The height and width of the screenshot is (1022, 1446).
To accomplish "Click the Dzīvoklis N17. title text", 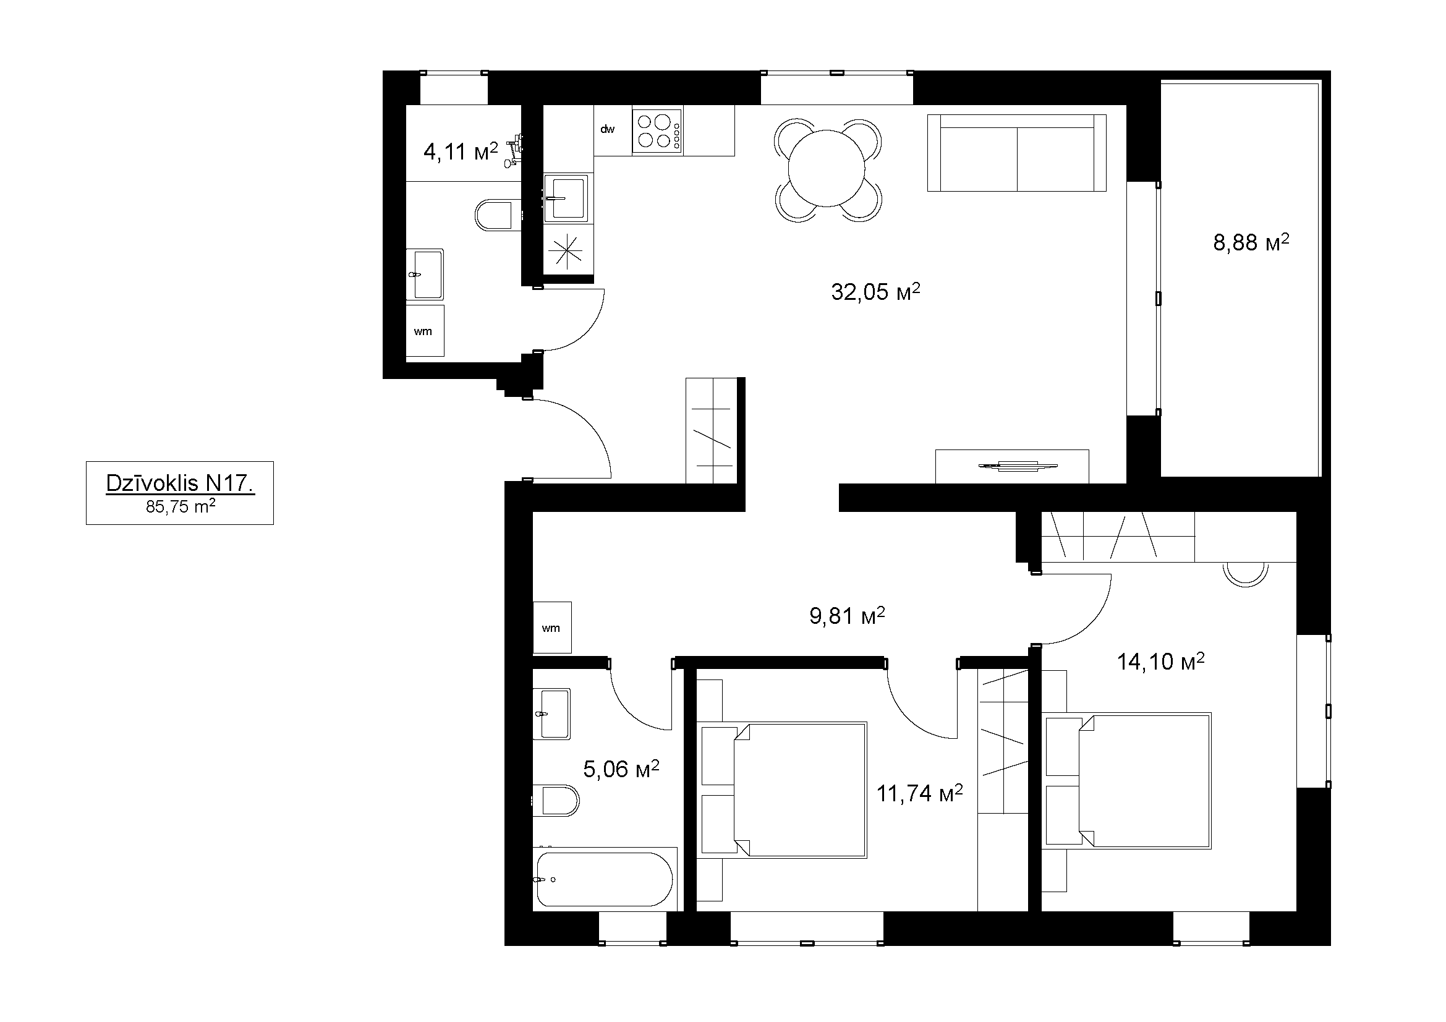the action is coord(180,483).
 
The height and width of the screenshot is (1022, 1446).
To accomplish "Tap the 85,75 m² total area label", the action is coord(181,506).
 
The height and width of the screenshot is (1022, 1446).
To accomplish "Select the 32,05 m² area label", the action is coord(875,292).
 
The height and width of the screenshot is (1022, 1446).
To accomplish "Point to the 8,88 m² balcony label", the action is coord(1251,242).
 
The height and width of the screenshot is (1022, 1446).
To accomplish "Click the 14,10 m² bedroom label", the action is coord(1161,661).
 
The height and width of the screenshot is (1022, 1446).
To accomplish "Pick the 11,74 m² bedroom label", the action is coord(919,793).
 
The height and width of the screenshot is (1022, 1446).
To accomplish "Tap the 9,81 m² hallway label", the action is coord(847,615).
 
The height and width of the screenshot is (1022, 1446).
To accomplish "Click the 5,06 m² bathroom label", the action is coord(621,769).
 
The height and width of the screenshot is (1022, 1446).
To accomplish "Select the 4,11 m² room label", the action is coord(461,151).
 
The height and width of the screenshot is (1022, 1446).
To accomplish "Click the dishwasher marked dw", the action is coord(613,130).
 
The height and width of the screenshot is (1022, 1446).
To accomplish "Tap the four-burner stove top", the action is coord(658,130).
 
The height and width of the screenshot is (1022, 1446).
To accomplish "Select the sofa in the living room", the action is coord(1016,152).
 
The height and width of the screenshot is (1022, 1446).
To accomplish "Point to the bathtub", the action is coord(605,879).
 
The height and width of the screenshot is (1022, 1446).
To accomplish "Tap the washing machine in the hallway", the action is coord(552,627).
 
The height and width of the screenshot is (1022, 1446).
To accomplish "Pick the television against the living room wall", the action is coord(1017,466).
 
